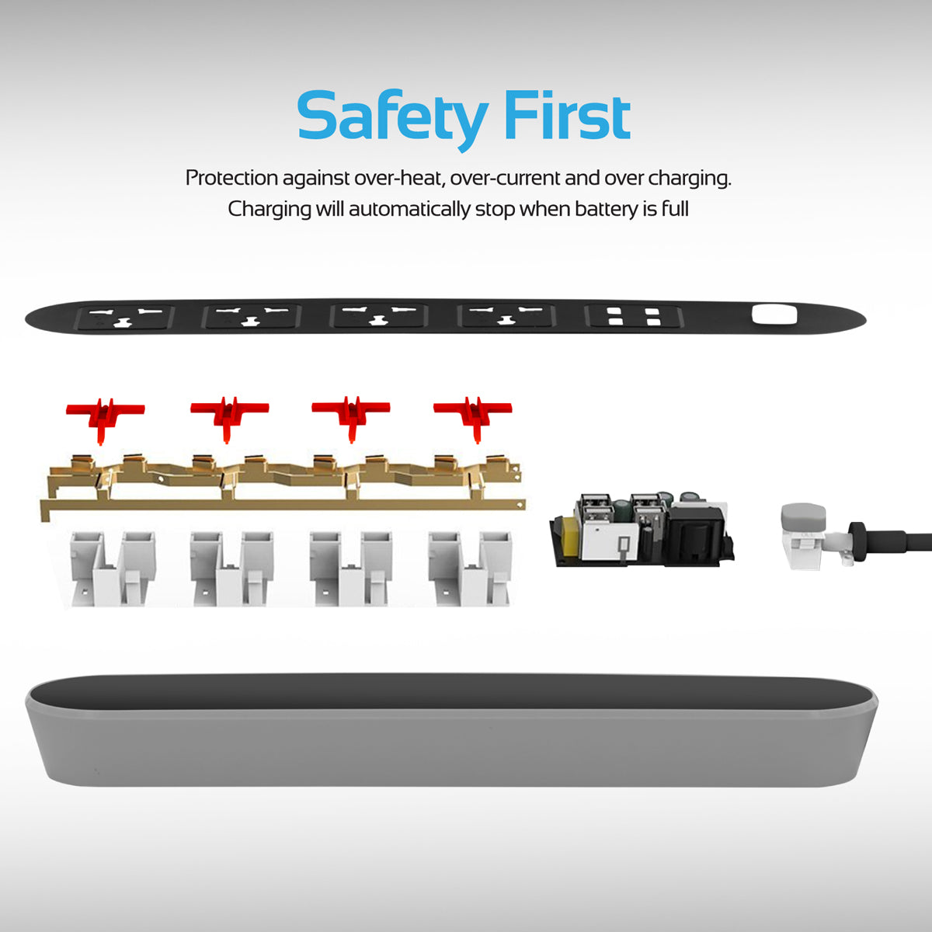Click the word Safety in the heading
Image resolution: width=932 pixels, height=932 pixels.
pos(392,119)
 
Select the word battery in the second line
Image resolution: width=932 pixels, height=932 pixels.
pos(607,210)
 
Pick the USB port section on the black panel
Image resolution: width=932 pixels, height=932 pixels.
pos(634,316)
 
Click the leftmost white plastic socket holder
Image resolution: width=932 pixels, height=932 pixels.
pos(113,569)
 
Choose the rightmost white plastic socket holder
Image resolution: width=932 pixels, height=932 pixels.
pos(471,569)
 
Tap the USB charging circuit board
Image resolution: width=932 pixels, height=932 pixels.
pos(642,530)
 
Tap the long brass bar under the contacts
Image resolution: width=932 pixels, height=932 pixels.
pos(283,505)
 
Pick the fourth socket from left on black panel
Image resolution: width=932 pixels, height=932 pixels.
pos(506,315)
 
